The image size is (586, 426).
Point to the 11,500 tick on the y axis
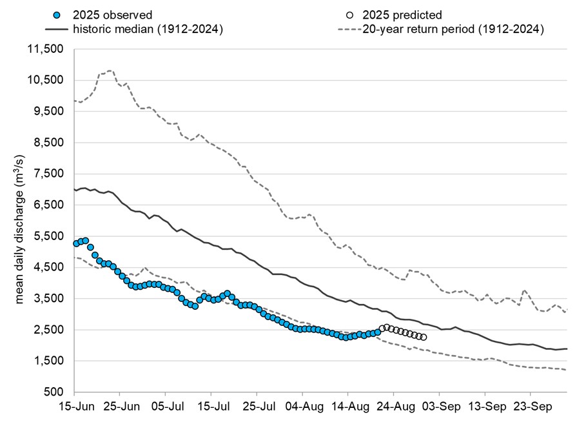pyautogui.click(x=46, y=50)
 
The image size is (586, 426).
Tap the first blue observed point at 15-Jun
pyautogui.click(x=76, y=243)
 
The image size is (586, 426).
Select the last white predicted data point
pyautogui.click(x=423, y=337)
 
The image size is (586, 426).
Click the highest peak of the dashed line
pyautogui.click(x=110, y=70)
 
